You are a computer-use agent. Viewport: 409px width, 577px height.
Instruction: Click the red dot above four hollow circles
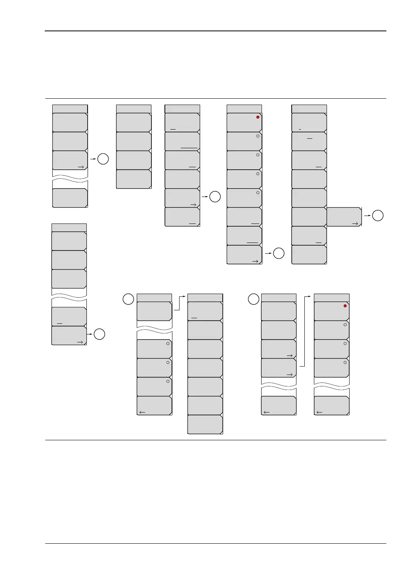[x=258, y=117]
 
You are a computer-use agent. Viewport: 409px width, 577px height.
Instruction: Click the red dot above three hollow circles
[x=345, y=306]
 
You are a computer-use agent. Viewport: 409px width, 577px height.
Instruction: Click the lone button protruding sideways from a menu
[x=344, y=216]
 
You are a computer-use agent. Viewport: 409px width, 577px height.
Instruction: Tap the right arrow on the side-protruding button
[x=355, y=224]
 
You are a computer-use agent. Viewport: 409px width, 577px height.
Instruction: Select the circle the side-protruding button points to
[x=378, y=216]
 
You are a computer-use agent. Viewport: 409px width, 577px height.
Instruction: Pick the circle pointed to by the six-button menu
[x=214, y=197]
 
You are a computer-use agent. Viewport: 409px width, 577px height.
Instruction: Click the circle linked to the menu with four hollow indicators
[x=279, y=253]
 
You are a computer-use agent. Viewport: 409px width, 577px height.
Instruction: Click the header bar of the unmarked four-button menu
[x=134, y=109]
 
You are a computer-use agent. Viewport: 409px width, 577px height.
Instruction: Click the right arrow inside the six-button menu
[x=193, y=204]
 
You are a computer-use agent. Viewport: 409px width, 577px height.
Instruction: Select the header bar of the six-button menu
[x=182, y=109]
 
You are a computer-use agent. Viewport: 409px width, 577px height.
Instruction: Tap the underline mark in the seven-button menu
[x=194, y=318]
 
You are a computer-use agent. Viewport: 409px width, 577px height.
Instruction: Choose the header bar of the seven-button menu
[x=205, y=298]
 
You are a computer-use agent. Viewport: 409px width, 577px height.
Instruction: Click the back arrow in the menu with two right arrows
[x=267, y=412]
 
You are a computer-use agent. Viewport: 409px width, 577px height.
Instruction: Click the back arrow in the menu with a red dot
[x=319, y=412]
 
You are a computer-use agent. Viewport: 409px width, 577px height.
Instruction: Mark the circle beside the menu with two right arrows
[x=254, y=299]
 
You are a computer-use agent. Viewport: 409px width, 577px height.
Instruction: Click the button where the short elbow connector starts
[x=154, y=311]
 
